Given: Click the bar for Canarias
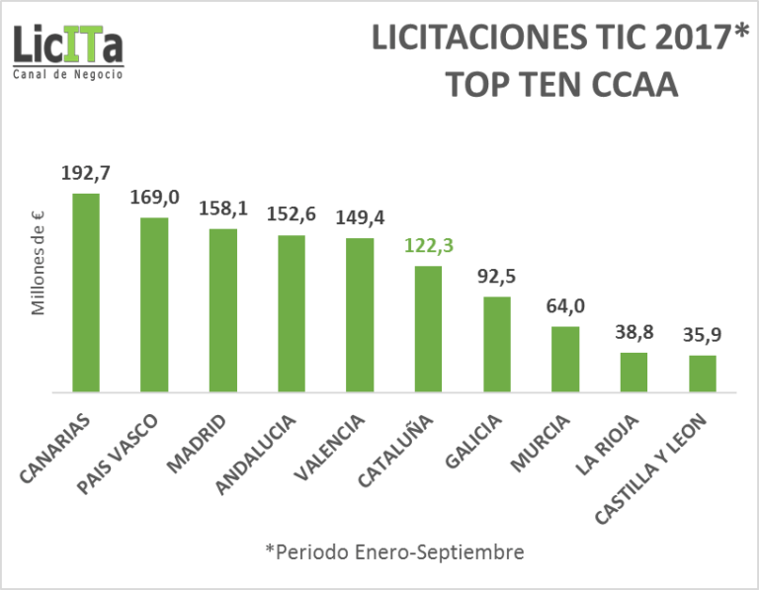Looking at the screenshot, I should point(86,293).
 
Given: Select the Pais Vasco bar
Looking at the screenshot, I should point(154,304).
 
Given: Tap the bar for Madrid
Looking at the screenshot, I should point(222,310).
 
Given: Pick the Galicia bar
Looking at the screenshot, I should point(497,344).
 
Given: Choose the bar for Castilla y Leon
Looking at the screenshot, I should point(703,374).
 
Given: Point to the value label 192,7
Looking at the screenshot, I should point(86,174).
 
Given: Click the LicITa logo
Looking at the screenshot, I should point(68,45).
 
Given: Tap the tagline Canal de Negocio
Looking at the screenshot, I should point(68,75).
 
